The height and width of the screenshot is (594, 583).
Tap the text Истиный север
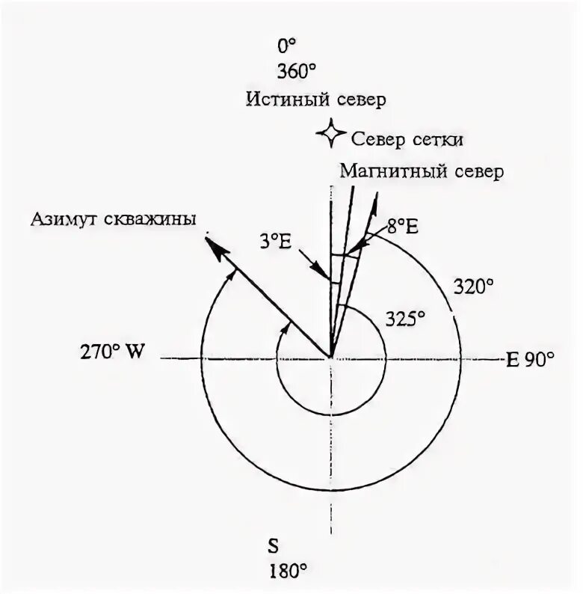(316, 99)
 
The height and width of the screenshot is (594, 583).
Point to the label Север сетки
(410, 140)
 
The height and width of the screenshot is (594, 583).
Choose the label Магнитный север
(422, 171)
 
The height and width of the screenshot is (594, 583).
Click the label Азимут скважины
(114, 219)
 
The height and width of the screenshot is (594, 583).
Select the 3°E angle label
(274, 242)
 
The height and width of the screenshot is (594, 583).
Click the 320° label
(474, 286)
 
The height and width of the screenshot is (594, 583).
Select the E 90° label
(531, 358)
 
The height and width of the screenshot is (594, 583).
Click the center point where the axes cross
(330, 358)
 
